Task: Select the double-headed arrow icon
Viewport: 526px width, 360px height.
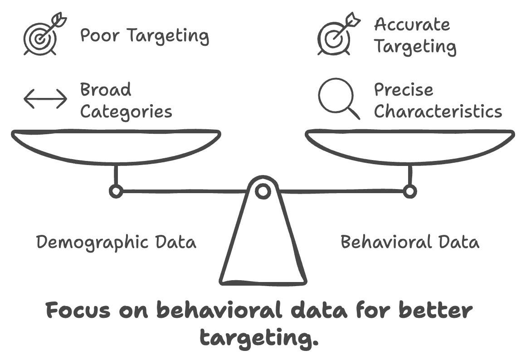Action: point(45,99)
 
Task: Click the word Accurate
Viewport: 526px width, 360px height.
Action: point(412,24)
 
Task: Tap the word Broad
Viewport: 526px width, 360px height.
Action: point(106,90)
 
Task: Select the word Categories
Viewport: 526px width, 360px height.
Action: point(126,112)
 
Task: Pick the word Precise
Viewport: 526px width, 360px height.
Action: point(403,90)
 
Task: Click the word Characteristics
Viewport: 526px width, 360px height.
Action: point(438,112)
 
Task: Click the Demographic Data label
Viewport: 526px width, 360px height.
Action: point(116,243)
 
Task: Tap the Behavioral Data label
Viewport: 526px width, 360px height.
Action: point(409,243)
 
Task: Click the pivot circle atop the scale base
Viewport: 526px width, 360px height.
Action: point(263,191)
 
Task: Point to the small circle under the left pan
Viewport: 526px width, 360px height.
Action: point(116,191)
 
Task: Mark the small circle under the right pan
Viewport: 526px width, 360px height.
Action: point(409,191)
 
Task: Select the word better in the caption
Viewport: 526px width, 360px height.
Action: point(435,311)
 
